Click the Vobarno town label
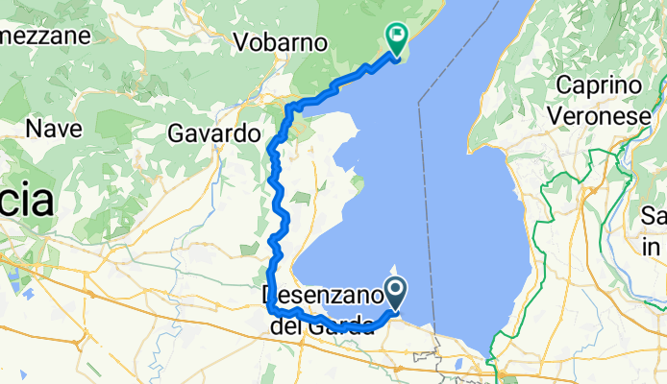(282, 43)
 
